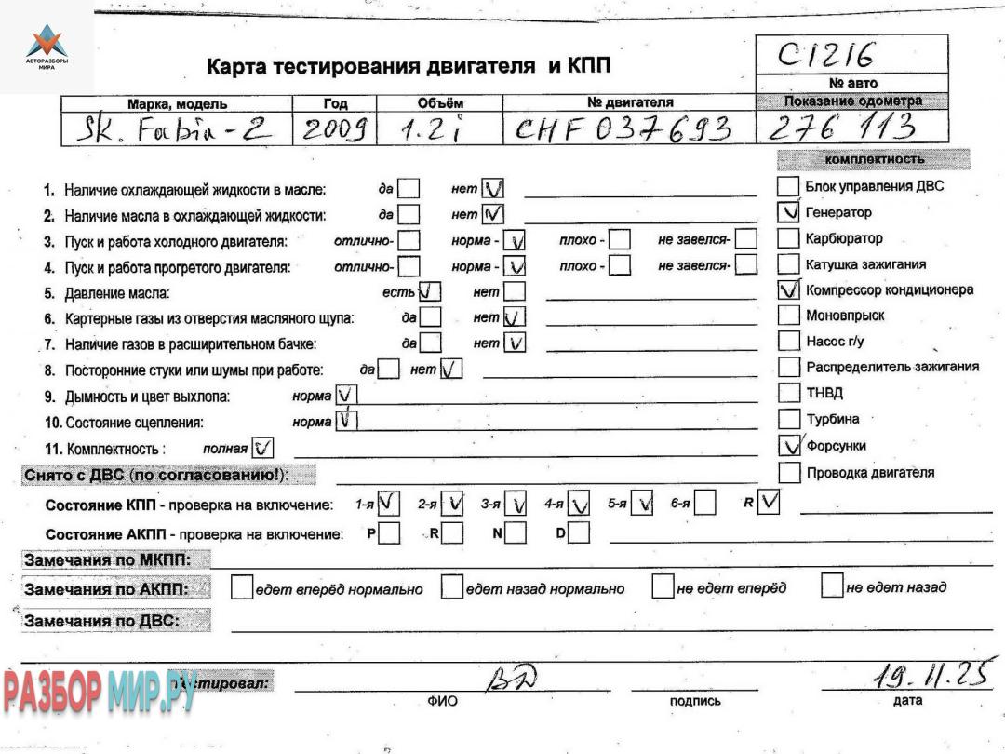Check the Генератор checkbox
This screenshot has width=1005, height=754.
point(789,212)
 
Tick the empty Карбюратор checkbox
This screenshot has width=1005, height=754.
point(789,238)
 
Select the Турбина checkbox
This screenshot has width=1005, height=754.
point(789,419)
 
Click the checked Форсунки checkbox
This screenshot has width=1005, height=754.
point(789,446)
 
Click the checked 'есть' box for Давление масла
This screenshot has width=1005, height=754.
point(430,292)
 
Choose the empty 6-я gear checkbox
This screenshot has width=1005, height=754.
point(705,504)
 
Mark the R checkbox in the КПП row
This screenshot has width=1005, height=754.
point(769,503)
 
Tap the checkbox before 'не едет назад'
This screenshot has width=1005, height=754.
point(832,586)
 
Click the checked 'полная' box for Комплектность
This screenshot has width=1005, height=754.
point(262,448)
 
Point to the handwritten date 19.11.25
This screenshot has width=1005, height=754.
point(928,674)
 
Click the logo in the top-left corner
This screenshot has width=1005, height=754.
point(47,47)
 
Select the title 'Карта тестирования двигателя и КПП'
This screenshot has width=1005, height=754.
point(409,66)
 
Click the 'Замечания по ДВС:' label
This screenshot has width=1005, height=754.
point(102,621)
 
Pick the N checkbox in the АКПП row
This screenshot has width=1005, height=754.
point(516,533)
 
